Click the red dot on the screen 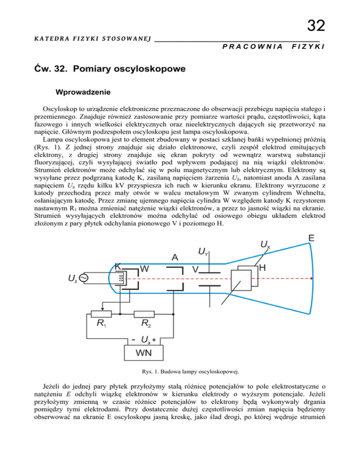click(311, 278)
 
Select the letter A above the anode click(174, 257)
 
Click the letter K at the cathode click(119, 266)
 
